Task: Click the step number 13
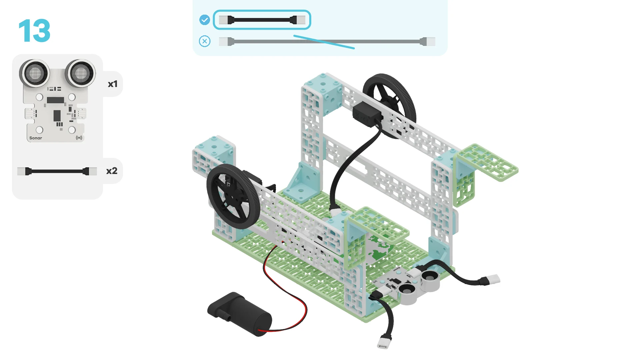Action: [x=34, y=31]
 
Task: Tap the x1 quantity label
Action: [x=113, y=84]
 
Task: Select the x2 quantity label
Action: [x=112, y=171]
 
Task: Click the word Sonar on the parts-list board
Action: [x=36, y=138]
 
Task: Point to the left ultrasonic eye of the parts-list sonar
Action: [x=35, y=73]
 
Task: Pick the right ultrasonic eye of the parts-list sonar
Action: [x=80, y=73]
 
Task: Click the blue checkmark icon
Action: [x=204, y=20]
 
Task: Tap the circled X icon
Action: [x=204, y=41]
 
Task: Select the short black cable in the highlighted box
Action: [x=262, y=20]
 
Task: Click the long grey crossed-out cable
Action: [x=327, y=42]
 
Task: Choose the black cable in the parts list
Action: [x=57, y=171]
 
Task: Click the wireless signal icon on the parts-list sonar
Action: [x=79, y=138]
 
